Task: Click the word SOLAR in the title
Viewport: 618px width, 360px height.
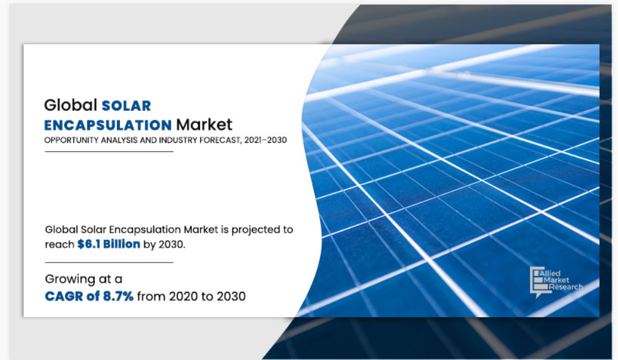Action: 127,106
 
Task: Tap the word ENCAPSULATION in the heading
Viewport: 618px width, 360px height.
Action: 108,125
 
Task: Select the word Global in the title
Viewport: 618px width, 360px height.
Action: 70,105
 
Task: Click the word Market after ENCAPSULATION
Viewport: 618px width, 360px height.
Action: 204,125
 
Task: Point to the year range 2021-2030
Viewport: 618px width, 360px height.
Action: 266,140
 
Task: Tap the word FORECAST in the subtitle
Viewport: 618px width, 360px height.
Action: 220,140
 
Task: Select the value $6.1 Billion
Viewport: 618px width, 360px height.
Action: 109,244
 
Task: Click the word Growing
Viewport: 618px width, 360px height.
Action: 70,280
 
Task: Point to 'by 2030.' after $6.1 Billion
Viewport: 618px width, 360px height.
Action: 164,244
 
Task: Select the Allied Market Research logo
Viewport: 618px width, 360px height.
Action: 556,282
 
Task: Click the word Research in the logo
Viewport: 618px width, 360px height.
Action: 565,287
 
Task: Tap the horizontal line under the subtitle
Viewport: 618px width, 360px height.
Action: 109,151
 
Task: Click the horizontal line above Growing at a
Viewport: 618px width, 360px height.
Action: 109,262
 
